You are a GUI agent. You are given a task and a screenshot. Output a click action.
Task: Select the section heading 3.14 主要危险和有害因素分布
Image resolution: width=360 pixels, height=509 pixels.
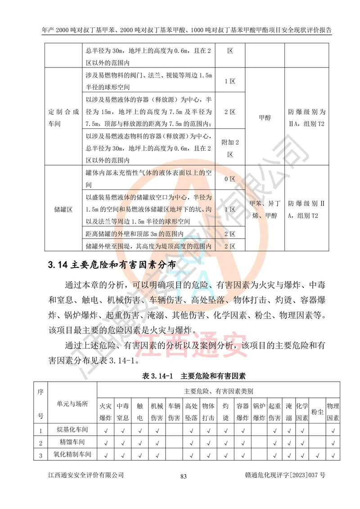(112, 265)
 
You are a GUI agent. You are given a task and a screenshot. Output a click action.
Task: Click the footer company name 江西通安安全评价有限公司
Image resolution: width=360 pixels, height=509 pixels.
(86, 476)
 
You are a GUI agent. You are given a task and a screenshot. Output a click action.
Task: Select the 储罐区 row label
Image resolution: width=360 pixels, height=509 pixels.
(64, 210)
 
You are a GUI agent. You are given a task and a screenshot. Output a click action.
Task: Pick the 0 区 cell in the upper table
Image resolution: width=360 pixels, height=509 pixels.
(230, 179)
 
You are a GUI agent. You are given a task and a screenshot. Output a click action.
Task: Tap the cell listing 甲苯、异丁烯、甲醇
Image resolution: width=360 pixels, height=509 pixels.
(264, 210)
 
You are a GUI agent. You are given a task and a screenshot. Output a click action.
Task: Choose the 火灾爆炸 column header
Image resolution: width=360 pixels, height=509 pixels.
(105, 412)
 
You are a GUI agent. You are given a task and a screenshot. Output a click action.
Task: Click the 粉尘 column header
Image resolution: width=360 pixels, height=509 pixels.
(318, 412)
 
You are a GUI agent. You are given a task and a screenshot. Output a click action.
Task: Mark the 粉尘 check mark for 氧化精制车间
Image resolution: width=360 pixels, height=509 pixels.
(318, 455)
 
